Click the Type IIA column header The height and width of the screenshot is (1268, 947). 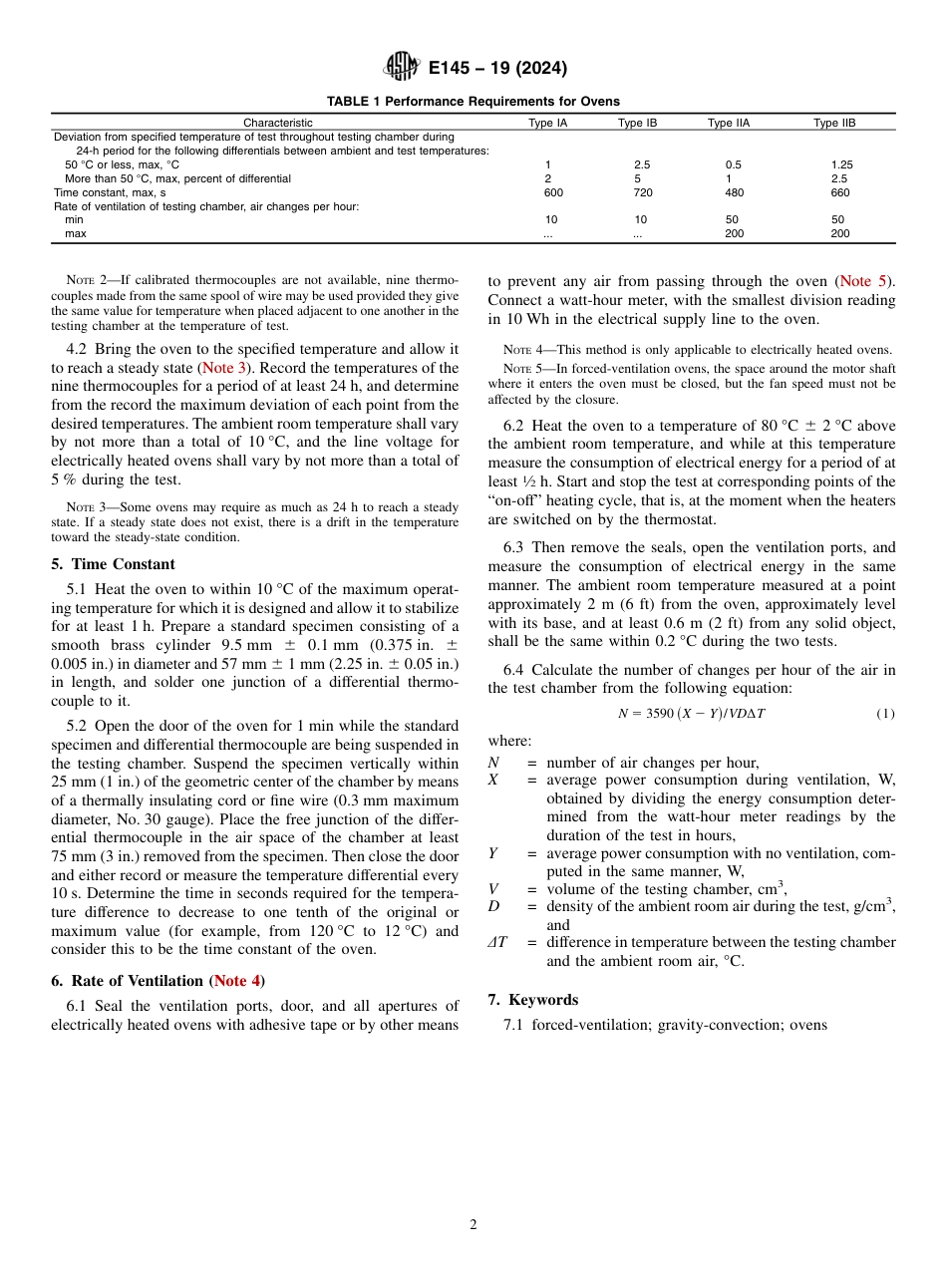tap(728, 123)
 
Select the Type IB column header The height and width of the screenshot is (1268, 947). tap(637, 123)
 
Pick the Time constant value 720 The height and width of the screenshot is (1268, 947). tap(643, 192)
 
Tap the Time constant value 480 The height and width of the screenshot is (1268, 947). tap(734, 192)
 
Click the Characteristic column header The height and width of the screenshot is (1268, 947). tap(278, 123)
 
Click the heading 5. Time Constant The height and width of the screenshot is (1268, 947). tap(113, 564)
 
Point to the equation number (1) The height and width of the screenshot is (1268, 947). tap(885, 714)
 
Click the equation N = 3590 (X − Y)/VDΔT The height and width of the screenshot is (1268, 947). tap(691, 714)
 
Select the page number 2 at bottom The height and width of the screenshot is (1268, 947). tap(473, 1225)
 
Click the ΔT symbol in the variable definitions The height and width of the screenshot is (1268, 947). tap(497, 942)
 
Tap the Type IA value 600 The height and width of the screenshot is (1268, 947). tap(553, 192)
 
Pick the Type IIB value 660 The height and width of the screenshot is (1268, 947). tap(839, 192)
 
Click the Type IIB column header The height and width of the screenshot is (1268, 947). tap(834, 123)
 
